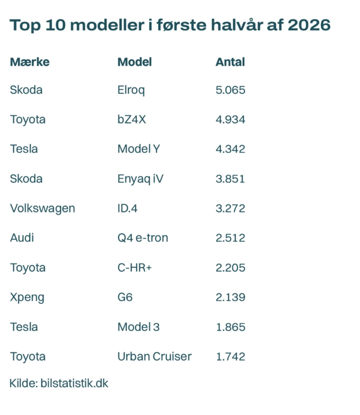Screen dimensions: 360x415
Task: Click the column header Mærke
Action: [x=30, y=62]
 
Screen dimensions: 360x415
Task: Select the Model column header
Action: [x=135, y=62]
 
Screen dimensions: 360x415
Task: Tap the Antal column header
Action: [x=231, y=62]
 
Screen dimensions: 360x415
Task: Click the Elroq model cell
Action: [x=131, y=90]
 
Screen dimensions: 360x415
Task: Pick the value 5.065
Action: [x=231, y=90]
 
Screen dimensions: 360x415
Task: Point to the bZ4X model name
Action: [x=131, y=119]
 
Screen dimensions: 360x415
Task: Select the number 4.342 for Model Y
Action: [x=231, y=149]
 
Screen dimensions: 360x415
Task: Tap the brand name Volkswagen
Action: [x=42, y=209]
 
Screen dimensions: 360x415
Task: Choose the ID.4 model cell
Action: [x=127, y=209]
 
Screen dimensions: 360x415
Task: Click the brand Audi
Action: [x=22, y=238]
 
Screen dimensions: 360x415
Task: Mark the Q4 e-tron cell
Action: [x=143, y=238]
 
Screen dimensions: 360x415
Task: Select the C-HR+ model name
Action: [x=135, y=268]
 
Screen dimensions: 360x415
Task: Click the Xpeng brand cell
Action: [x=27, y=298]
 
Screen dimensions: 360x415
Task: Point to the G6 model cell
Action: [x=125, y=297]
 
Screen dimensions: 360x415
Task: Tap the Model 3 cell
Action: [x=139, y=327]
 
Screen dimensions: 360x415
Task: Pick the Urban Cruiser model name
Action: [x=155, y=357]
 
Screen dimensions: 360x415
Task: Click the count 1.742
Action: [x=231, y=357]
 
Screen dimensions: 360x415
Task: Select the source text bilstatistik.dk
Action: [x=74, y=383]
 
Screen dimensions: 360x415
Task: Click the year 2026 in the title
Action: [x=309, y=25]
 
